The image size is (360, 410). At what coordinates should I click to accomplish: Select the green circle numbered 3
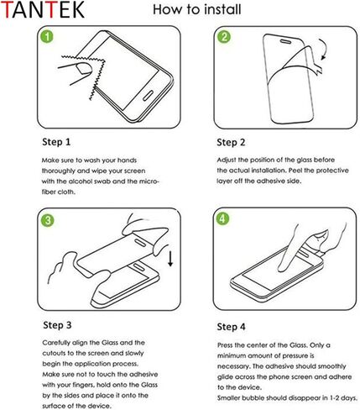click(x=48, y=220)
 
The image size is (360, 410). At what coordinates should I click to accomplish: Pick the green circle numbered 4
click(x=223, y=220)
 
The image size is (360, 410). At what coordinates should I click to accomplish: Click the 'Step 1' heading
click(x=56, y=141)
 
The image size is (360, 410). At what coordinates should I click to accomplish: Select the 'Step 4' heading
click(x=232, y=325)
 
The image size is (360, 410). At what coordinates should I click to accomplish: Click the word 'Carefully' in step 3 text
click(x=57, y=342)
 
